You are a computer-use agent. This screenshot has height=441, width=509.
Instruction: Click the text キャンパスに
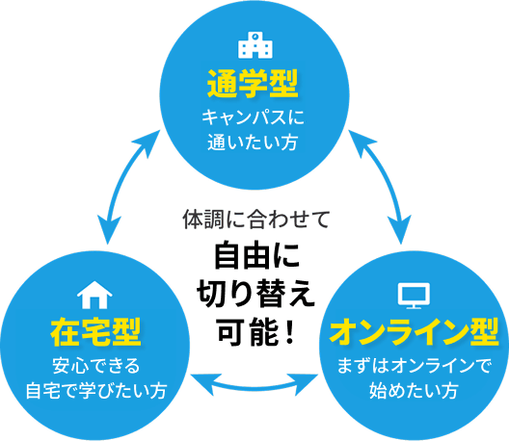point(254,119)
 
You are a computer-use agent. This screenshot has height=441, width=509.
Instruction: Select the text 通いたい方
point(254,144)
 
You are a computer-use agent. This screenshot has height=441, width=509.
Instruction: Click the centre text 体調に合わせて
point(255,220)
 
